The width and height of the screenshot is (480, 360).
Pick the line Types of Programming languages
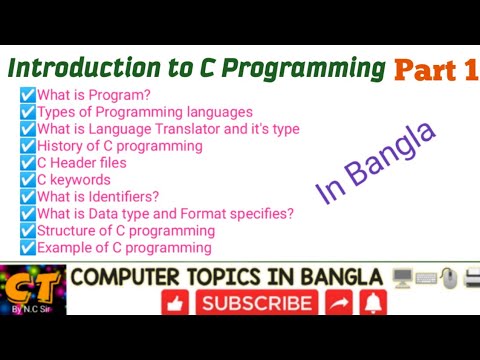145,112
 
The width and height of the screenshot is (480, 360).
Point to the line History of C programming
120,146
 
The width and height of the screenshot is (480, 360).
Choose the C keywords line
74,180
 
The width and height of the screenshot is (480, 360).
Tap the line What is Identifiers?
98,197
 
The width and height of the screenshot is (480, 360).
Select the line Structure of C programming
127,230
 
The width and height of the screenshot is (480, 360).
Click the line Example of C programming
125,247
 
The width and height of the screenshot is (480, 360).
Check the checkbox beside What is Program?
28,95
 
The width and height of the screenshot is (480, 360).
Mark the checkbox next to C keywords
28,180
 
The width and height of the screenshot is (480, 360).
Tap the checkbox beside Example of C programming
28,247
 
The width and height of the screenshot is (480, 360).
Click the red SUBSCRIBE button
255,302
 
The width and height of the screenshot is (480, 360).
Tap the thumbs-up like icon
177,302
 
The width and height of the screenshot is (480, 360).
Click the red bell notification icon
375,302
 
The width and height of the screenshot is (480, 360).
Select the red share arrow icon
338,302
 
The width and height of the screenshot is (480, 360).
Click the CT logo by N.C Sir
33,290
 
